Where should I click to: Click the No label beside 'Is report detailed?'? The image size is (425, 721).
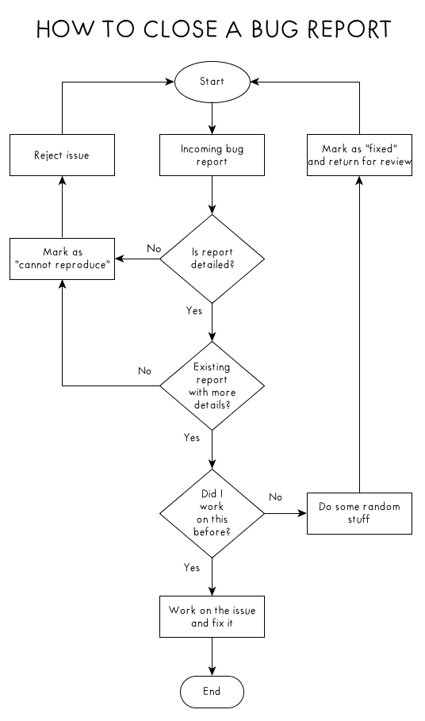click(x=154, y=248)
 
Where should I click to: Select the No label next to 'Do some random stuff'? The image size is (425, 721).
click(x=275, y=497)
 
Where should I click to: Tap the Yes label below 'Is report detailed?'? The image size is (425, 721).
click(x=194, y=311)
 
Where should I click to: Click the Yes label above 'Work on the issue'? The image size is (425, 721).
click(x=192, y=568)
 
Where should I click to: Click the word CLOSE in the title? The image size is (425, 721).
click(x=180, y=29)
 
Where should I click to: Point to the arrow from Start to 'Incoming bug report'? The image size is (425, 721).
click(x=212, y=118)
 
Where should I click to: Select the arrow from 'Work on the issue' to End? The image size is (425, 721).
click(x=212, y=656)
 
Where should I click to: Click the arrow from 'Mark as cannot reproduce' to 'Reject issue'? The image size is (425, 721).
click(x=62, y=207)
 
